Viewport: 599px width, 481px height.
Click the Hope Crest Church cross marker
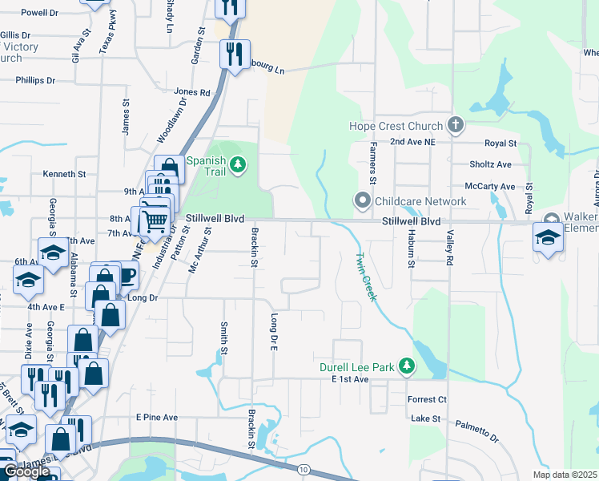[456, 125]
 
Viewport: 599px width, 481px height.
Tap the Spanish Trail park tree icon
[238, 165]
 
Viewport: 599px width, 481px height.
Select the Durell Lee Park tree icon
[407, 366]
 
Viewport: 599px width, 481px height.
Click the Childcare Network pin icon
[364, 200]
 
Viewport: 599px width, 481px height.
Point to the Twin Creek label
[365, 277]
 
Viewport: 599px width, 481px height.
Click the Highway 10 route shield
[302, 469]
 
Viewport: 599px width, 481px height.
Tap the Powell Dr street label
[40, 13]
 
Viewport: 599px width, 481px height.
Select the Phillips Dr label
[35, 81]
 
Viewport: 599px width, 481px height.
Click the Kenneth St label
[64, 173]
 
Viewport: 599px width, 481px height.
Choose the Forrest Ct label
[426, 399]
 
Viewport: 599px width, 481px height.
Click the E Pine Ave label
[156, 417]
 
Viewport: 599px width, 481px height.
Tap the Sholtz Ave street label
[491, 164]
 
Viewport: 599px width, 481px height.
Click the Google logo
[26, 471]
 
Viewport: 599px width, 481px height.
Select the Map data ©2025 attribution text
[564, 475]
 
